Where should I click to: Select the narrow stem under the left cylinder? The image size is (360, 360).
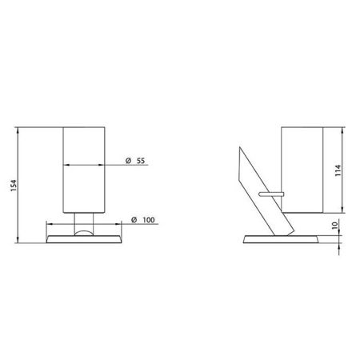84,222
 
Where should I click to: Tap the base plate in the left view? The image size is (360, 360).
84,239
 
